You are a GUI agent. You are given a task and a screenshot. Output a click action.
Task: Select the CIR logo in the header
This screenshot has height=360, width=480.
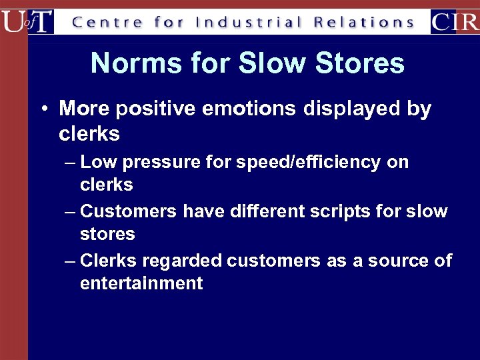point(455,21)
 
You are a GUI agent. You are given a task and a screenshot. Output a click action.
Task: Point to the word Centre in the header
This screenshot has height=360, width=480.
point(107,22)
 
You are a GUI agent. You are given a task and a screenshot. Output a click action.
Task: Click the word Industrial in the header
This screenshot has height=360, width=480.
point(249,22)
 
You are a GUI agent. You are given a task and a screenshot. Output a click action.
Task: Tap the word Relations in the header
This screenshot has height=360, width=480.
point(364,22)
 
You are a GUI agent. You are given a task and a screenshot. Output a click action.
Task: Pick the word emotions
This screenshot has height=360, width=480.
point(256,109)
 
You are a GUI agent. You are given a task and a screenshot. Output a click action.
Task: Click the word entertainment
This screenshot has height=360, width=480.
point(141,283)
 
